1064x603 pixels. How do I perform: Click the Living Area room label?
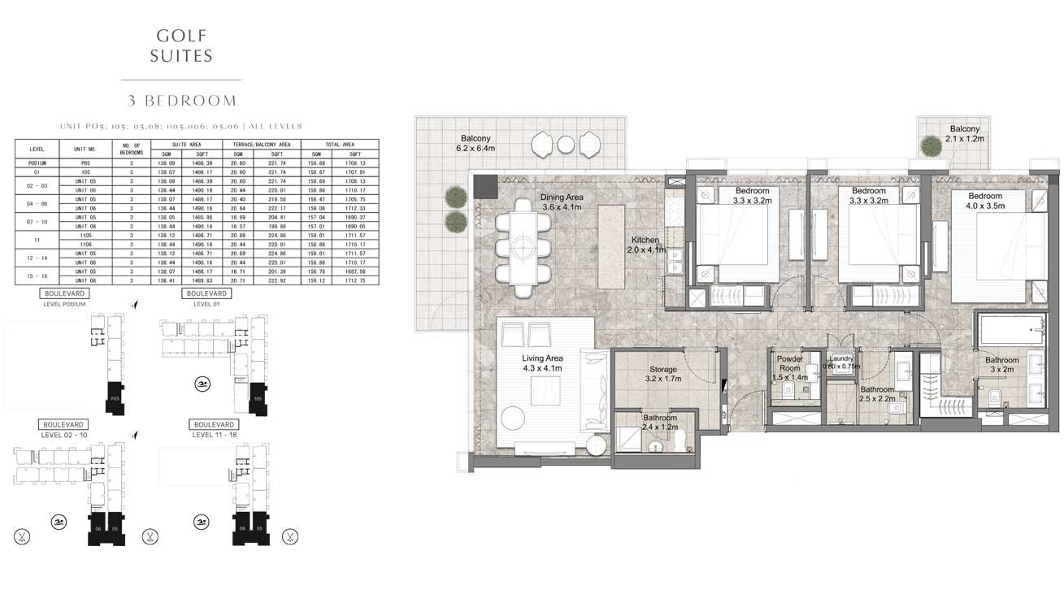(x=543, y=363)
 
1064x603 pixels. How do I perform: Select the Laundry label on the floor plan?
(x=840, y=362)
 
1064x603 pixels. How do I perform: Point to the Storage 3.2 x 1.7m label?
(x=663, y=374)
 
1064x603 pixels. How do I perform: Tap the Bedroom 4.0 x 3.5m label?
(x=986, y=201)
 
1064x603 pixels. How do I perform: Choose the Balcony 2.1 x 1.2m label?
(x=964, y=134)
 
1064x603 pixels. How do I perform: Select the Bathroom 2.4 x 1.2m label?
(x=659, y=422)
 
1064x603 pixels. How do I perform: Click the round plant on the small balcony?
(x=932, y=145)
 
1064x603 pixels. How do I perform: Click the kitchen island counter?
(x=610, y=245)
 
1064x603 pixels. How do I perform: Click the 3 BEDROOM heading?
(x=182, y=101)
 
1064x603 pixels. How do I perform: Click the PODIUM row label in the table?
(x=37, y=163)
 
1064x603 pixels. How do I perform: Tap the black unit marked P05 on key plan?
(x=115, y=398)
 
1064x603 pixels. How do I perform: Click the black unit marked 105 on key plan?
(x=257, y=398)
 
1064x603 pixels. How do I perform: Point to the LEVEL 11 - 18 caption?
(x=215, y=435)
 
